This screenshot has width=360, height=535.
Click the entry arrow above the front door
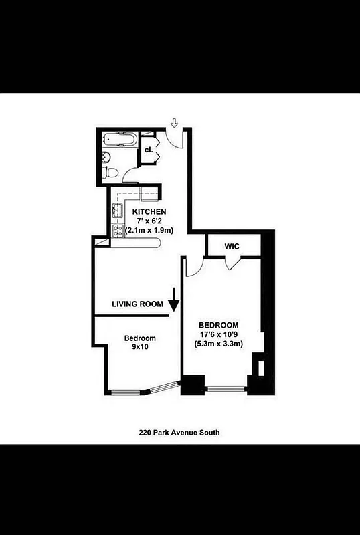pyautogui.click(x=174, y=122)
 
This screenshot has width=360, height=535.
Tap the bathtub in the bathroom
pyautogui.click(x=120, y=140)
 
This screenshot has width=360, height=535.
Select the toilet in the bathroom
pyautogui.click(x=112, y=173)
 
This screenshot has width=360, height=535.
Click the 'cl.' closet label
pyautogui.click(x=149, y=150)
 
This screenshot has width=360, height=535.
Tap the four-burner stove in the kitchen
pyautogui.click(x=117, y=231)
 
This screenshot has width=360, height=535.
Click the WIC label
pyautogui.click(x=232, y=247)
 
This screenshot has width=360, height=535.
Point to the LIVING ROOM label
pyautogui.click(x=138, y=304)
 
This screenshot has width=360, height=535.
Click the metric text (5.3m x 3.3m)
pyautogui.click(x=219, y=344)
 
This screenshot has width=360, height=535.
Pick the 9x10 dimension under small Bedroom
pyautogui.click(x=140, y=348)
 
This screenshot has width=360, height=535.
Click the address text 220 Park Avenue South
pyautogui.click(x=179, y=433)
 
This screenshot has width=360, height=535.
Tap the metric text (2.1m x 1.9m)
pyautogui.click(x=149, y=231)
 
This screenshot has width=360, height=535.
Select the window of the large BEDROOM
pyautogui.click(x=227, y=389)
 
